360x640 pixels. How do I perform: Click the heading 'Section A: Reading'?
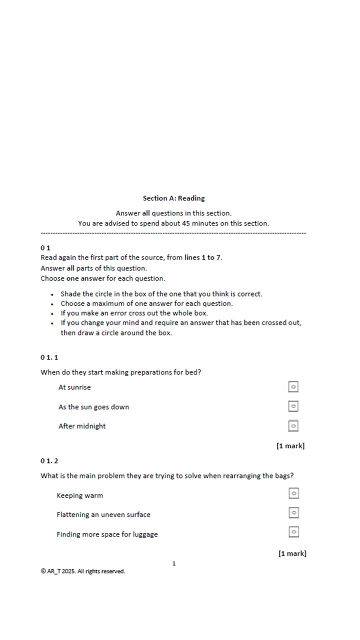coord(173,198)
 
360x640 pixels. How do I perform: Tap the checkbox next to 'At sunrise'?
coord(293,387)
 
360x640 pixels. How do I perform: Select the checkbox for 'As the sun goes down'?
coord(293,406)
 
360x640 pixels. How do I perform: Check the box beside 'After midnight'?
coord(293,425)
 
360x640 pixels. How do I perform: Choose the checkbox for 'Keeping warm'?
coord(294,493)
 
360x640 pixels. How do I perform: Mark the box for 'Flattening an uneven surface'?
coord(294,512)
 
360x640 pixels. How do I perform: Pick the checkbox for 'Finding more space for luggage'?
coord(294,531)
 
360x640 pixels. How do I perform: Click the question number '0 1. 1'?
coord(49,357)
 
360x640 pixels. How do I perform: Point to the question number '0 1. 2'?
coord(49,461)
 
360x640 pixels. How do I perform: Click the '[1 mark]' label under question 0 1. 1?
coord(290,445)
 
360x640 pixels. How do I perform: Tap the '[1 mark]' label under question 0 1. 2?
coord(292,553)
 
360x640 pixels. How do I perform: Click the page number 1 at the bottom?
coord(174,563)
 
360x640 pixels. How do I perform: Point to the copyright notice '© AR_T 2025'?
coord(83,571)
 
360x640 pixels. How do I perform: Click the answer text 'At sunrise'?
coord(74,387)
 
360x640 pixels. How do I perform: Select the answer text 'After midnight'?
coord(82,426)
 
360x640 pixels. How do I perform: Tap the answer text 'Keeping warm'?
coord(79,495)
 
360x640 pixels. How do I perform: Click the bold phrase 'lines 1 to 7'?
coord(203,258)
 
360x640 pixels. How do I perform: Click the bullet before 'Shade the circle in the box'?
coord(52,294)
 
